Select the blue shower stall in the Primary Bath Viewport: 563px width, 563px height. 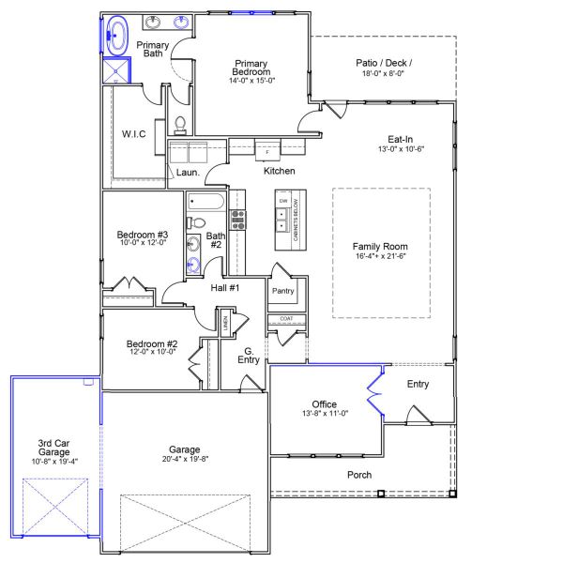click(x=116, y=71)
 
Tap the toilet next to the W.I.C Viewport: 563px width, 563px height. click(x=180, y=124)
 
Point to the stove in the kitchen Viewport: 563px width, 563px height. click(x=238, y=220)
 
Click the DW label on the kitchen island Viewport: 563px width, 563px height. click(x=282, y=201)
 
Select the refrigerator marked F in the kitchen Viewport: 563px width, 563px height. click(x=266, y=150)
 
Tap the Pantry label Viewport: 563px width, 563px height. click(x=282, y=291)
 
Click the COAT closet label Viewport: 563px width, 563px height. click(x=285, y=319)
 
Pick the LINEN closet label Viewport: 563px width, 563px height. click(x=225, y=323)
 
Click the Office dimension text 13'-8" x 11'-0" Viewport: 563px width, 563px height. click(x=325, y=414)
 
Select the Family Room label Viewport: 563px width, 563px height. click(x=380, y=246)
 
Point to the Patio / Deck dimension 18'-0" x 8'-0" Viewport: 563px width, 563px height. click(x=384, y=75)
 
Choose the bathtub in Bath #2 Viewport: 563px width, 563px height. click(x=205, y=201)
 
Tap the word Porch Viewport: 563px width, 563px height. click(x=359, y=475)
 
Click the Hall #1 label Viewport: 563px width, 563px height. click(x=224, y=288)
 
